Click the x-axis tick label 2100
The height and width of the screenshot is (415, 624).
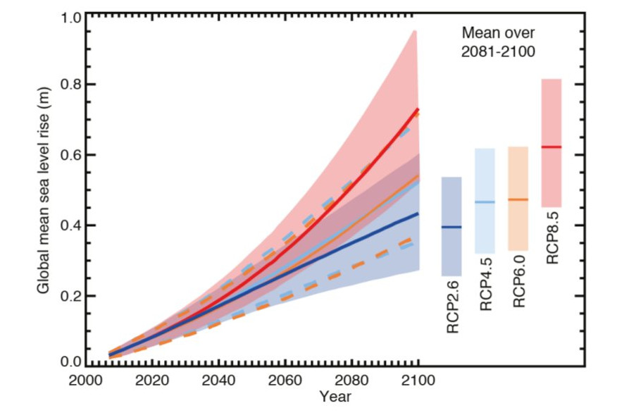pyautogui.click(x=418, y=380)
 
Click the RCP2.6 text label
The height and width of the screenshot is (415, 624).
pyautogui.click(x=451, y=309)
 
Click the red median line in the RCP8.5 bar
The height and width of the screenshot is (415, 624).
pyautogui.click(x=551, y=147)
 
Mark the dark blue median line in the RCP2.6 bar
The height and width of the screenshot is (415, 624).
pyautogui.click(x=451, y=227)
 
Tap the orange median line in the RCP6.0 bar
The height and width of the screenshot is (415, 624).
pyautogui.click(x=518, y=200)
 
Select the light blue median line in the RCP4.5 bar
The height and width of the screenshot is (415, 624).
pyautogui.click(x=485, y=202)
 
